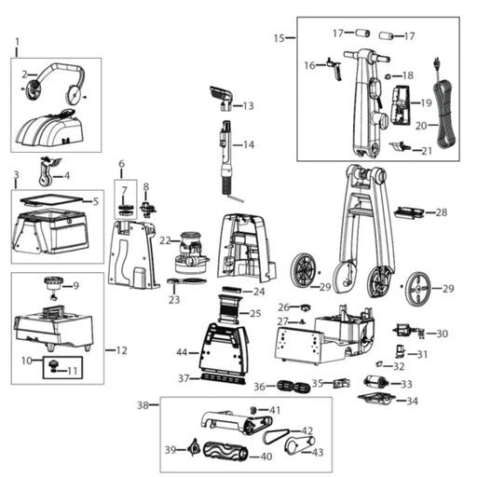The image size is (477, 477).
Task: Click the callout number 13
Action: point(248,106)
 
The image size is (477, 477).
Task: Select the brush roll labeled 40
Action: point(227,456)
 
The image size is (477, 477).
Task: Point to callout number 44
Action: point(182,353)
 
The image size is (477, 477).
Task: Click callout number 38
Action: point(143,405)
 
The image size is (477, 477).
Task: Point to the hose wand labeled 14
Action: point(225,154)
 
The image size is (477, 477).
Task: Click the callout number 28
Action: point(442,212)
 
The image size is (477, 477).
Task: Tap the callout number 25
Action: point(255,314)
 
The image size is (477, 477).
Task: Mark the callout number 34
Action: point(411,402)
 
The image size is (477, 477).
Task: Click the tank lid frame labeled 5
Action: point(53,199)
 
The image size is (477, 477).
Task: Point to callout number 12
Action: point(121,350)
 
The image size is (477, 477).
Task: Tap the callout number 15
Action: point(279,38)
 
